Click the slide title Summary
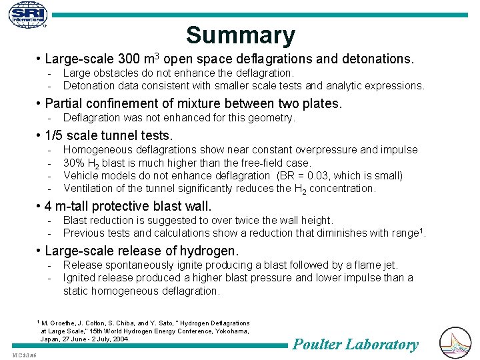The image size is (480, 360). click(x=240, y=35)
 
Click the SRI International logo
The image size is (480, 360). click(x=29, y=16)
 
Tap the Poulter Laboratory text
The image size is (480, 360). click(x=356, y=344)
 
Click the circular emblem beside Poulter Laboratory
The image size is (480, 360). click(x=455, y=343)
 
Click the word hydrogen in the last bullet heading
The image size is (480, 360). click(x=213, y=251)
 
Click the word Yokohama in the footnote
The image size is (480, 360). click(x=226, y=331)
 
